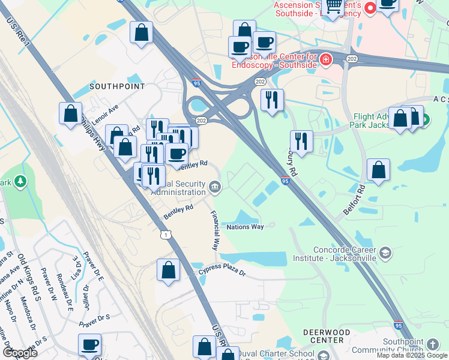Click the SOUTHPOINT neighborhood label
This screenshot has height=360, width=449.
pyautogui.click(x=117, y=86)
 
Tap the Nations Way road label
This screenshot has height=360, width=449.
pyautogui.click(x=245, y=227)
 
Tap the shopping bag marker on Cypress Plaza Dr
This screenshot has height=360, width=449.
pyautogui.click(x=169, y=270)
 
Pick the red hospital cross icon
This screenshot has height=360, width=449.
pyautogui.click(x=325, y=59)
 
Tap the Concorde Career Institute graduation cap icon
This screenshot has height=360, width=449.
pyautogui.click(x=385, y=253)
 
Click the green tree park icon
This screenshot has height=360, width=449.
pyautogui.click(x=20, y=181)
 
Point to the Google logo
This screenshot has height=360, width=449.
pyautogui.click(x=19, y=352)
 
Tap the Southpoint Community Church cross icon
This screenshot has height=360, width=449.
pyautogui.click(x=433, y=344)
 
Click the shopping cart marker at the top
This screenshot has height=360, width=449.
pyautogui.click(x=334, y=7)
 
